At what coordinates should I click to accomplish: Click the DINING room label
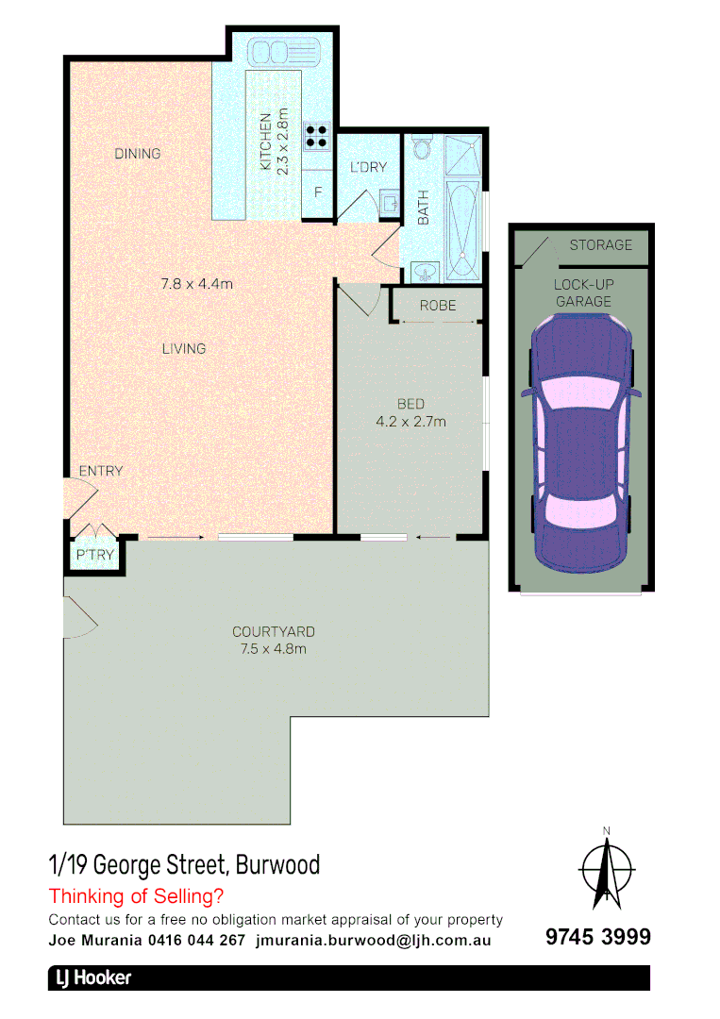point(138,154)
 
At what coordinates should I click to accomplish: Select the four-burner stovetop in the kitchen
point(317,136)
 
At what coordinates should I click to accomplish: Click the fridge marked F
point(319,192)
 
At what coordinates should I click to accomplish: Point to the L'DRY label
point(368,167)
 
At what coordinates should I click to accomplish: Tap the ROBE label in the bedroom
point(438,306)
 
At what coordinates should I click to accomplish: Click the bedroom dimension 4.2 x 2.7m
point(410,422)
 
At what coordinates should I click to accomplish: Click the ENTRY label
point(100,471)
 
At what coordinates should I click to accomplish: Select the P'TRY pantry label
point(94,555)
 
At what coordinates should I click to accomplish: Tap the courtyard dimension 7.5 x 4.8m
point(274,648)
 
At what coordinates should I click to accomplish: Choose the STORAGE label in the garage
point(600,245)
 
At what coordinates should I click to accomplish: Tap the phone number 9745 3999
point(598,937)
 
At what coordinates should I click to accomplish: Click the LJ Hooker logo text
point(92,978)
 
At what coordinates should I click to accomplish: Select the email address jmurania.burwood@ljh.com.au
point(373,940)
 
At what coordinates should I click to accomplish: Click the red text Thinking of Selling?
point(136,895)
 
